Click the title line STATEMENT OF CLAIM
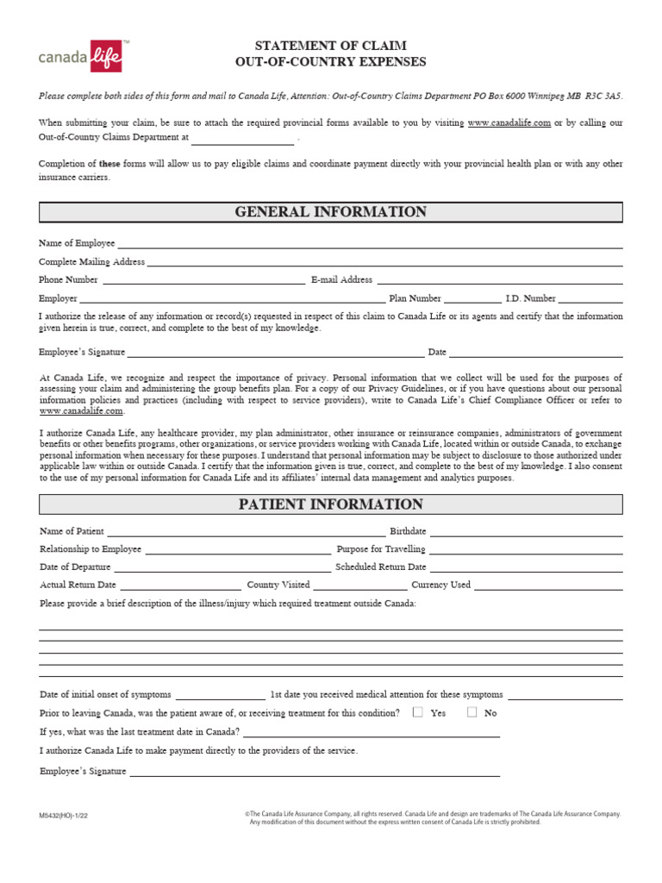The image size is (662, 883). (x=331, y=45)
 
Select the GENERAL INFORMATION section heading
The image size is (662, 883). (x=331, y=212)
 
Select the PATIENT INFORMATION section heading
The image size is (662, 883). (x=331, y=504)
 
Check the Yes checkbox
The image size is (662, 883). (x=418, y=712)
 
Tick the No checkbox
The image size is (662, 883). (x=472, y=712)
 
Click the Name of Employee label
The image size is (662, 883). (x=77, y=244)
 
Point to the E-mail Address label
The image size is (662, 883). (x=341, y=279)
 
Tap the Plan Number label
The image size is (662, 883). (x=415, y=298)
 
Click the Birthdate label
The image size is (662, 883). (x=408, y=531)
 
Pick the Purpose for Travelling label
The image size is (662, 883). (x=380, y=549)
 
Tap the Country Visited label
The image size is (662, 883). (x=278, y=585)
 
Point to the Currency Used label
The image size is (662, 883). (x=440, y=585)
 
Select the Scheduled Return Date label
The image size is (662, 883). (x=380, y=567)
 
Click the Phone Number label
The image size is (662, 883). (x=68, y=279)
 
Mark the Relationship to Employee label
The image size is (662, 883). (x=91, y=549)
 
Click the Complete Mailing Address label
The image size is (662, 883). (x=92, y=261)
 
